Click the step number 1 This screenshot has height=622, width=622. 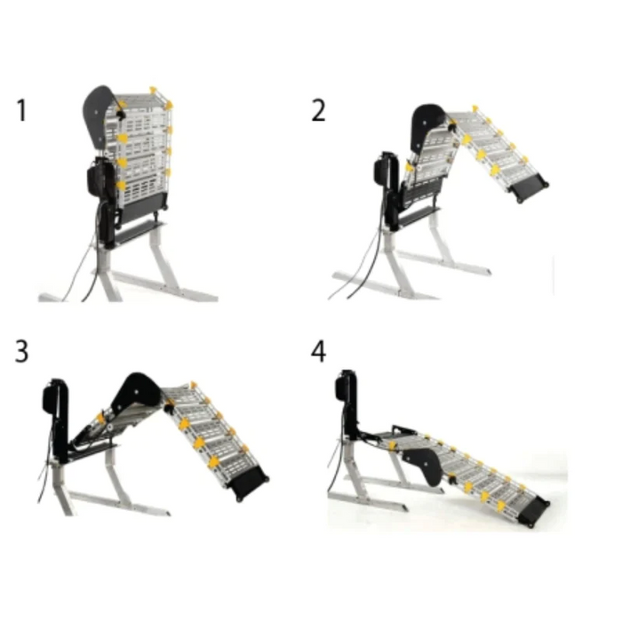[x=21, y=112]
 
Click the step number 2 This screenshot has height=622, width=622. [x=318, y=111]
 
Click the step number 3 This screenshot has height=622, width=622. [x=21, y=351]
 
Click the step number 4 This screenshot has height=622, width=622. [x=318, y=351]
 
